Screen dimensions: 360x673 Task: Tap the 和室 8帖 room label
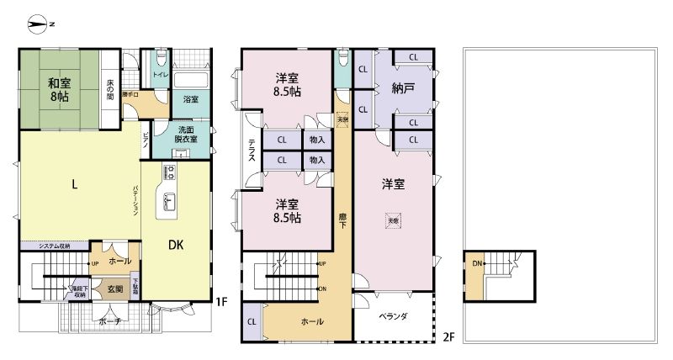[x=58, y=90]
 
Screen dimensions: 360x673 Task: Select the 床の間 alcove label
[x=109, y=88]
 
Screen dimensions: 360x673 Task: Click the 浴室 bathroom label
[x=191, y=99]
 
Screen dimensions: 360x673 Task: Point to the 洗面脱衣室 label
[x=187, y=135]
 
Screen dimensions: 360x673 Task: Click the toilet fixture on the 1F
[x=160, y=62]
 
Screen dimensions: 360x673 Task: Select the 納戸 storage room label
[x=405, y=89]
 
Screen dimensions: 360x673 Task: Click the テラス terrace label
[x=252, y=153]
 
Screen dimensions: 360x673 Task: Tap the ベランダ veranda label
[x=393, y=316]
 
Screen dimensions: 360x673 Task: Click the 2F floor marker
[x=448, y=338]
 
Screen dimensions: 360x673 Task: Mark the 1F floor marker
[x=221, y=300]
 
